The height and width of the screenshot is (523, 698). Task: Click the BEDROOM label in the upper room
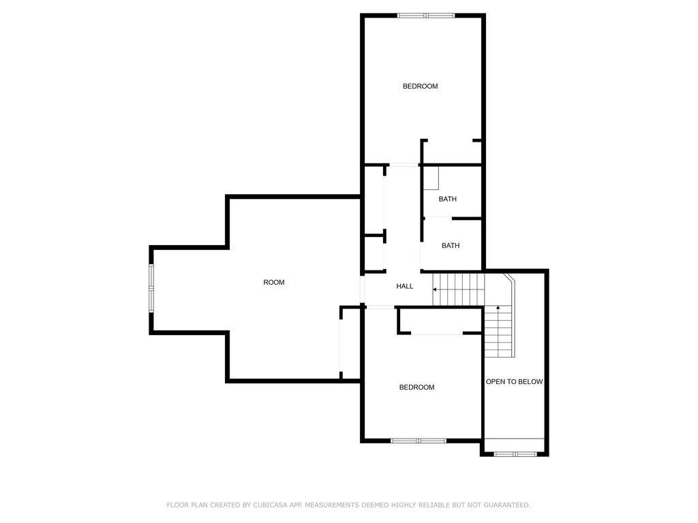420,86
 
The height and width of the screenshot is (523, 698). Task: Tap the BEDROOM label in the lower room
416,387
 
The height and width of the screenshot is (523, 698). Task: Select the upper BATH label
447,200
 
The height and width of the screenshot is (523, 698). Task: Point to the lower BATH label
451,245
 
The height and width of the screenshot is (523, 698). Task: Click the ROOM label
274,283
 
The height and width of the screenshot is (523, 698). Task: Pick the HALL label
405,287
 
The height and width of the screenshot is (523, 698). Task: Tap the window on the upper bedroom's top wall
426,16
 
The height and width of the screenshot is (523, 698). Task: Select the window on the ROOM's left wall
151,288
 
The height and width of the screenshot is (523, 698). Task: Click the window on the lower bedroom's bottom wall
419,441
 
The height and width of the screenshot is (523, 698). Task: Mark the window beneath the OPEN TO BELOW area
515,454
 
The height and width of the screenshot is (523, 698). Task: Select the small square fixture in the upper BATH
431,178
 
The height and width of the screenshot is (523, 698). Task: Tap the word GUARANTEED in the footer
507,505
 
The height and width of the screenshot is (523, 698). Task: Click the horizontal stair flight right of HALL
459,289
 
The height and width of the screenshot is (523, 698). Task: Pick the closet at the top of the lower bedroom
440,320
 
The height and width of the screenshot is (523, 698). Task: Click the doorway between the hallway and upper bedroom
404,165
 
